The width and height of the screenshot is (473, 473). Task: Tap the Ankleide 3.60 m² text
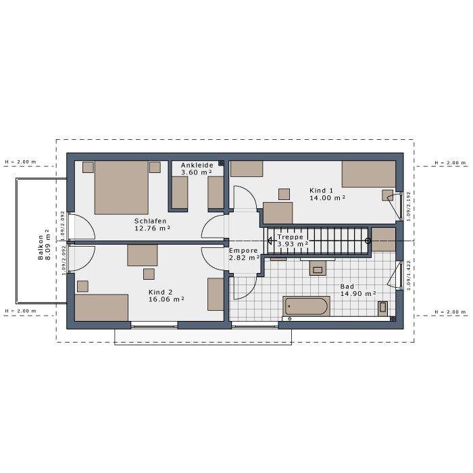(x=197, y=169)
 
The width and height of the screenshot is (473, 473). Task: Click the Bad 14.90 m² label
(x=358, y=290)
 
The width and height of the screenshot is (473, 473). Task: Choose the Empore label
(x=243, y=251)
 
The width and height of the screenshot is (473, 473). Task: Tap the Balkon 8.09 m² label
(x=44, y=245)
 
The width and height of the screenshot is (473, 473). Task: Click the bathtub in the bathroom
(x=306, y=306)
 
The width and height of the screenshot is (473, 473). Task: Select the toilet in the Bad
(x=382, y=308)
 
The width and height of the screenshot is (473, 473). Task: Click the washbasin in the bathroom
(x=318, y=268)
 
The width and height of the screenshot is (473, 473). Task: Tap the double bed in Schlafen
(x=121, y=187)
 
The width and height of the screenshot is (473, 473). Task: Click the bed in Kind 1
(x=368, y=174)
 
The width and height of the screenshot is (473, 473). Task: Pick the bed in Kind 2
(x=101, y=307)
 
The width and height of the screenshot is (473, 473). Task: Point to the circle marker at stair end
(x=368, y=241)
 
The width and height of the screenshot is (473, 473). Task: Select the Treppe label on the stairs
(x=290, y=236)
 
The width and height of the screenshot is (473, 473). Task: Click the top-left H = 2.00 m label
(x=20, y=161)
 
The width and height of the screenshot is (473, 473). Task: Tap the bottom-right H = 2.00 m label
(x=450, y=312)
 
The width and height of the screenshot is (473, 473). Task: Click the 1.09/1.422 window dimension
(x=409, y=275)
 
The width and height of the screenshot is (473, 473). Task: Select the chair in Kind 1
(x=284, y=195)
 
